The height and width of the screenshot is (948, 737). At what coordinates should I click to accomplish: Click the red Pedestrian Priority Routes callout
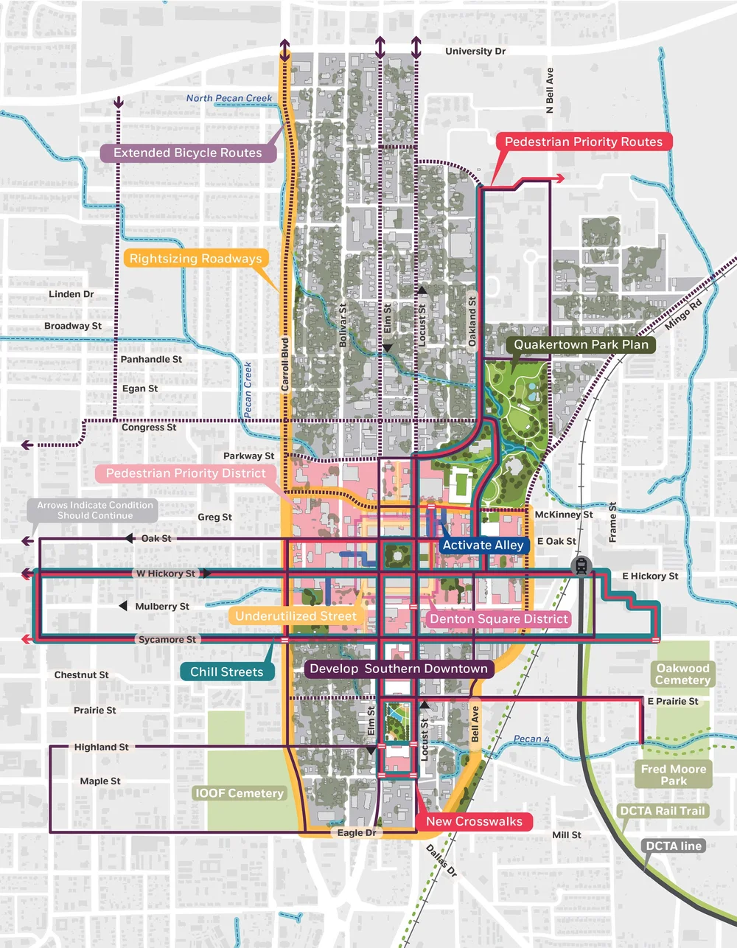[x=583, y=142]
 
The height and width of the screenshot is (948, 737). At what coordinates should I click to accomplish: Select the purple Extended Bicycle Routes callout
[x=188, y=153]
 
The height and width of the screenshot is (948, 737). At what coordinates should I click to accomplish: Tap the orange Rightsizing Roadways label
[x=195, y=258]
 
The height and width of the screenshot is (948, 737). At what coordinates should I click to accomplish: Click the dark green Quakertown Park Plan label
[x=581, y=344]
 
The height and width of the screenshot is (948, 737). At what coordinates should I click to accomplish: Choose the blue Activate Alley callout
[x=483, y=545]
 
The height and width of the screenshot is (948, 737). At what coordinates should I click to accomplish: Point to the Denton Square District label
[x=498, y=618]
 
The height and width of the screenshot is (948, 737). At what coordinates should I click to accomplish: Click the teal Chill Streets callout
[x=227, y=672]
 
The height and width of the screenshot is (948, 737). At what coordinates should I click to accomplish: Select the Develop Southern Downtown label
[x=399, y=669]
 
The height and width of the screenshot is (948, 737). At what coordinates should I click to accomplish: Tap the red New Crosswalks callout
[x=474, y=821]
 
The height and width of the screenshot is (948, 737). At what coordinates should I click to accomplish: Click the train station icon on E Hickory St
[x=581, y=566]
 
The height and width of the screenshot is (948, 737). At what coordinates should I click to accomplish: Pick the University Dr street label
[x=475, y=52]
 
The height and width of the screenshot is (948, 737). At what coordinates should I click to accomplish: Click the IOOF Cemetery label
[x=239, y=793]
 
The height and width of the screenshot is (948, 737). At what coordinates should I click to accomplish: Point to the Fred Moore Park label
[x=673, y=774]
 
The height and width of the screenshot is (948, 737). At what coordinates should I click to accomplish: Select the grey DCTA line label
[x=674, y=846]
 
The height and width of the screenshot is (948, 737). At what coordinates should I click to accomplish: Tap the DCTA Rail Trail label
[x=662, y=811]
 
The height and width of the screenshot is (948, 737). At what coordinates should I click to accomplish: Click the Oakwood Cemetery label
[x=682, y=674]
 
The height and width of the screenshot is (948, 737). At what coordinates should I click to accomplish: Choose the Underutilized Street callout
[x=296, y=616]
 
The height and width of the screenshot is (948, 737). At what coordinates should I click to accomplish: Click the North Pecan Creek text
[x=229, y=98]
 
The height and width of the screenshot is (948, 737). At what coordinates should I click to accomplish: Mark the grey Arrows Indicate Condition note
[x=95, y=510]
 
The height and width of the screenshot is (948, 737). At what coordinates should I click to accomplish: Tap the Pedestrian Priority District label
[x=186, y=473]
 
